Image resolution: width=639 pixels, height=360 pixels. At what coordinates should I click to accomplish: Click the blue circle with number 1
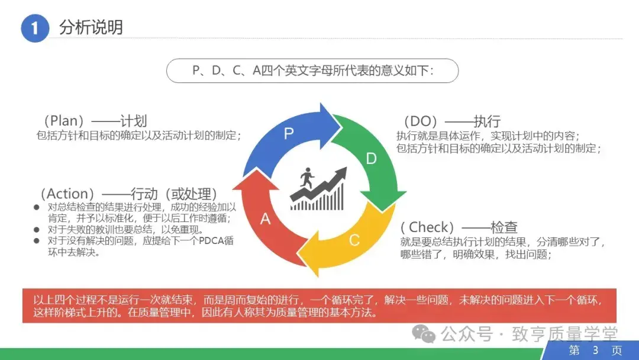[x=34, y=28]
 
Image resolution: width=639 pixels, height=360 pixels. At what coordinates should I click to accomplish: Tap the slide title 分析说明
[x=91, y=27]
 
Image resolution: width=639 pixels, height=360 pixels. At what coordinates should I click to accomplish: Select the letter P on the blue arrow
[x=289, y=134]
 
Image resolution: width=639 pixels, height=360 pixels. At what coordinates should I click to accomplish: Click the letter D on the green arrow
[x=372, y=158]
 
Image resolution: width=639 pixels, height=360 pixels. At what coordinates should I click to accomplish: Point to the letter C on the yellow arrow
[x=354, y=240]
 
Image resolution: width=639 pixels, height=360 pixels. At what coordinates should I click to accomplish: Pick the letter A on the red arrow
[x=266, y=218]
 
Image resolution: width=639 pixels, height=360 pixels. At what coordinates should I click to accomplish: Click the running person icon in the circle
[x=306, y=177]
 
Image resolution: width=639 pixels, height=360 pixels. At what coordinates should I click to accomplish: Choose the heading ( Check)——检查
[x=459, y=227]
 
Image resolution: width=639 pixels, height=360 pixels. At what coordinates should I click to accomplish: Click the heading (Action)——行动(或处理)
[x=128, y=194]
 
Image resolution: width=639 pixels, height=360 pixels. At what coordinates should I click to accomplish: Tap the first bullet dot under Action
[x=37, y=208]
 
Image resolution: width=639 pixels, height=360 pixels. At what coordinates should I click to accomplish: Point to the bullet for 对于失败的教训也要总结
[x=37, y=230]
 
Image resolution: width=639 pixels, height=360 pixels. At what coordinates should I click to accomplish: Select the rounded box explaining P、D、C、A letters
[x=312, y=70]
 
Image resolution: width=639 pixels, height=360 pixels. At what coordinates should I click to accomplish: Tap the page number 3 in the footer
[x=595, y=351]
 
